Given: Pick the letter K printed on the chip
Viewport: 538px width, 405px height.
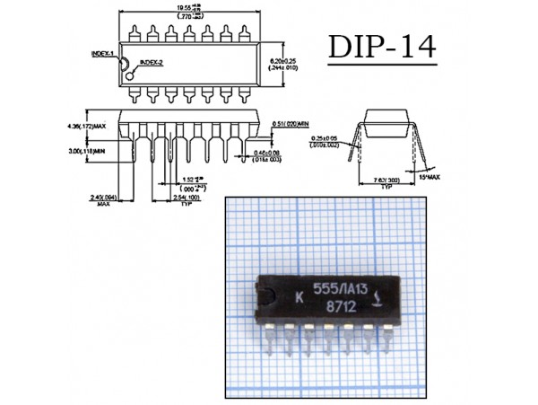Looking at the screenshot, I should point(298,295).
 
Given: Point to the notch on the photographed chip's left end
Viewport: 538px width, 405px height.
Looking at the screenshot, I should point(265,297).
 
